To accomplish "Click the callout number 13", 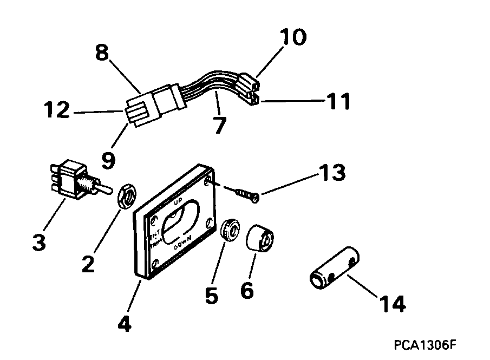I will [x=330, y=175].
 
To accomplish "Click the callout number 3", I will [x=38, y=241].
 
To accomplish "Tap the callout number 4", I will [x=124, y=324].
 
